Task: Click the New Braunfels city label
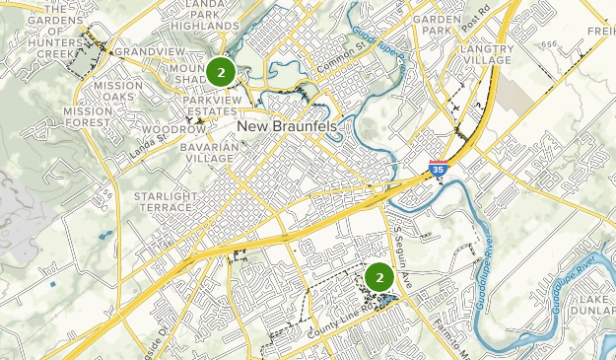point(286,128)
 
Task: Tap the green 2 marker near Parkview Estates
point(220,71)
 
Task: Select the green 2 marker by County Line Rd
point(378,277)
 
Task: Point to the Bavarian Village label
point(209,152)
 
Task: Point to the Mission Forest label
point(94,117)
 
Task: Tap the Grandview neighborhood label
point(150,51)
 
